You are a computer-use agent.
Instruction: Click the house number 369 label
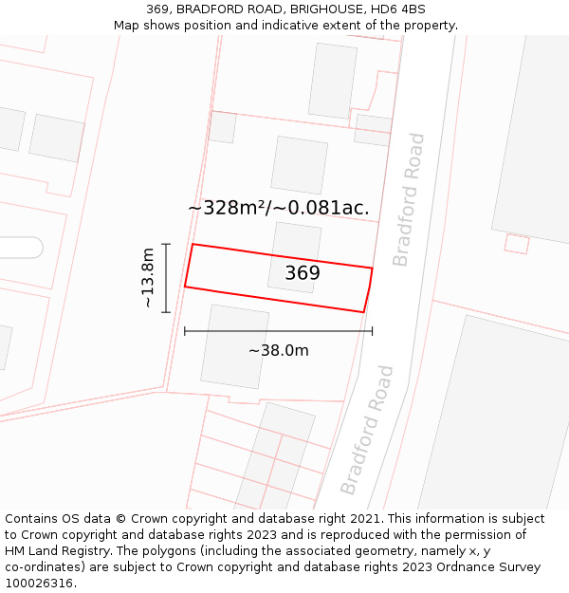tap(303, 273)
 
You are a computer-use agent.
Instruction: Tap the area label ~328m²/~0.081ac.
tap(278, 208)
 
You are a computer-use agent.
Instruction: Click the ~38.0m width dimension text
tap(278, 351)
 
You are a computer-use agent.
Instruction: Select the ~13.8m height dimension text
tap(148, 277)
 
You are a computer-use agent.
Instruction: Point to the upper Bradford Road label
tap(409, 199)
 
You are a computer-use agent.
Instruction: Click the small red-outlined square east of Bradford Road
tap(517, 244)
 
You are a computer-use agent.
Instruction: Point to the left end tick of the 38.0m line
tap(185, 331)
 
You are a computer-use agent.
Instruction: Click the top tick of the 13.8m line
tap(166, 245)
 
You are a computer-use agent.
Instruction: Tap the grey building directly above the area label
tap(299, 165)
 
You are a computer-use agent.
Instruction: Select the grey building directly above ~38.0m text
tap(234, 345)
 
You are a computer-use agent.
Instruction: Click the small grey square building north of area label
tap(222, 127)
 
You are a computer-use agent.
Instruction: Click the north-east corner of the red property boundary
tap(372, 269)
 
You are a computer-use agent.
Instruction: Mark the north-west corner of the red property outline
tap(193, 245)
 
